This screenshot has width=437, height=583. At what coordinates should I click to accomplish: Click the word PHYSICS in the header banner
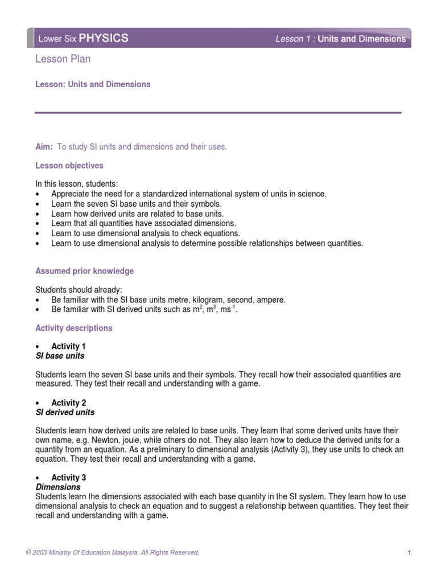click(x=103, y=39)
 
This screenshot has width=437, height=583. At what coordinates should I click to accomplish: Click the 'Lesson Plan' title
click(x=63, y=59)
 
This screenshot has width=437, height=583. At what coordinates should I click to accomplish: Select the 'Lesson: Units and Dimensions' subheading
click(x=93, y=84)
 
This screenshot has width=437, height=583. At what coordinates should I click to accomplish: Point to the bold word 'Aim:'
click(x=44, y=147)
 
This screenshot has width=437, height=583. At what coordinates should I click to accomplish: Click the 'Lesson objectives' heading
click(x=69, y=166)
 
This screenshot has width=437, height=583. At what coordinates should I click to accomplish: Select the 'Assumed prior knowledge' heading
click(x=85, y=271)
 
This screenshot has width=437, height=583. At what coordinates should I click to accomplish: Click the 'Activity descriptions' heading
click(x=74, y=328)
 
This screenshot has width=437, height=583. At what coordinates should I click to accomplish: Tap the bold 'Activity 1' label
click(x=68, y=346)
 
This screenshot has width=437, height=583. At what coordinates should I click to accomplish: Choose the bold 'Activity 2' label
click(x=68, y=403)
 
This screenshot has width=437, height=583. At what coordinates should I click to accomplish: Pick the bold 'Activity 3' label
click(x=68, y=478)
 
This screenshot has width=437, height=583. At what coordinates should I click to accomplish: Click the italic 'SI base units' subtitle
click(x=60, y=356)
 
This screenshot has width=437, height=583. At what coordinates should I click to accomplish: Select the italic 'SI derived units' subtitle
click(x=65, y=412)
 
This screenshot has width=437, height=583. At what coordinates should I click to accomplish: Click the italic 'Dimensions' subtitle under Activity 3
click(x=58, y=487)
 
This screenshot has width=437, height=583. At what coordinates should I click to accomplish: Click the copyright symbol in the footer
click(x=38, y=552)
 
